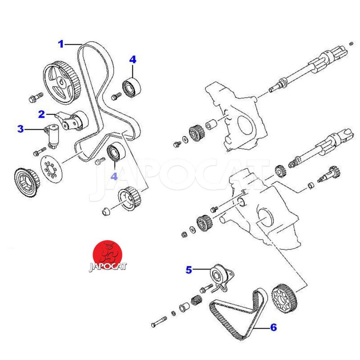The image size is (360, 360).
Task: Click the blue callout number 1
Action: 61,44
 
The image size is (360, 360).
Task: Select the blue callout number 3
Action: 20,129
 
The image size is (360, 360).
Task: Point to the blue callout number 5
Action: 189,270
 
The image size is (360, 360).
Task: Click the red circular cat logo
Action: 108,254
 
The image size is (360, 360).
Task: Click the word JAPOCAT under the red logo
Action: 108,266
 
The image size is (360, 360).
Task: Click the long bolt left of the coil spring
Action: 159,321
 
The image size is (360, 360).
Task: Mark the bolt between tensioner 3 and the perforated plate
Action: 39,151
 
